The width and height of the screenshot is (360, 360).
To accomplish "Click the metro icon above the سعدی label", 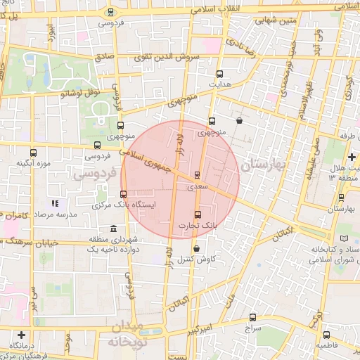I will tap(196, 175).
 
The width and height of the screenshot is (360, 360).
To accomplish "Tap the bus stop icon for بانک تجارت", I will tap(197, 214).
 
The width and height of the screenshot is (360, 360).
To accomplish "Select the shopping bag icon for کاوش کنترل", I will tap(195, 248).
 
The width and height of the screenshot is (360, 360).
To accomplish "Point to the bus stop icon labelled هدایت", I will tap(219, 73).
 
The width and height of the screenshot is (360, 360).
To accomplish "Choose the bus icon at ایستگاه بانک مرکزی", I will tap(124, 194).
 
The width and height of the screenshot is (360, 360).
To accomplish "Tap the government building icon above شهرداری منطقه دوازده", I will tap(114, 229).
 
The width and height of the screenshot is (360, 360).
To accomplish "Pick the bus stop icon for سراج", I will tap(253, 318).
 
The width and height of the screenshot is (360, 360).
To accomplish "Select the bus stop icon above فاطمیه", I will tap(327, 335).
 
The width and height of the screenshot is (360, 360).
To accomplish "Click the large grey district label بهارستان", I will tap(264, 165).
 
